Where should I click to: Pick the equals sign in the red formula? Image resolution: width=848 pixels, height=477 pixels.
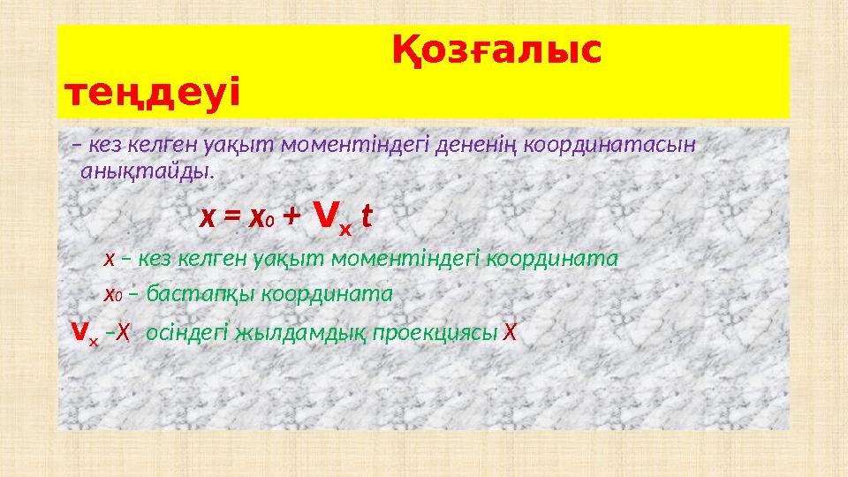[231, 216]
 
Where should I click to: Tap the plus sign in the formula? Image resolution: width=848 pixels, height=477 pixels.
[292, 216]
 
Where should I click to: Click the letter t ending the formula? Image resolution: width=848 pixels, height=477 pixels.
[367, 216]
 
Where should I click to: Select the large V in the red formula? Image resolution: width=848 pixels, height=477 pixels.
[325, 213]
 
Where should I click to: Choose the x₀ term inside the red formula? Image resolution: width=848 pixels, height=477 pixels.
[260, 216]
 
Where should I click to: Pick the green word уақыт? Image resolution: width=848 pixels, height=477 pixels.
[279, 259]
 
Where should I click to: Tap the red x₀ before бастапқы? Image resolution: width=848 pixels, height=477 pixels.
[111, 293]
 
